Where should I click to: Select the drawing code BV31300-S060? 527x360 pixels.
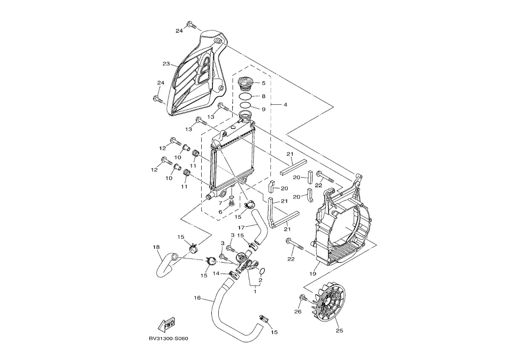coord(169,338)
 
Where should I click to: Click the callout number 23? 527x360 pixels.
coord(166,64)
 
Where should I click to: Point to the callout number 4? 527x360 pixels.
coord(285,104)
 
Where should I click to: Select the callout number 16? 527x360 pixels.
coord(197,298)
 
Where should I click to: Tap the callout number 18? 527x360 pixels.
coord(156,247)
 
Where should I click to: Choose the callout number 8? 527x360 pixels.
coord(263,96)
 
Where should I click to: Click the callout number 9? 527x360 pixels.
coord(263,109)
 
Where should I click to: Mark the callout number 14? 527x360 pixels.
coord(216,273)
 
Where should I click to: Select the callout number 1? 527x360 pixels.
coord(255,292)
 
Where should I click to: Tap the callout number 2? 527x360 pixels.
coord(260,279)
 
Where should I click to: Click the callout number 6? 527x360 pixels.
coord(220,212)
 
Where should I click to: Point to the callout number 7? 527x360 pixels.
coord(220,203)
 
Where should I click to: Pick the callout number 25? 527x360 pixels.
coord(339,330)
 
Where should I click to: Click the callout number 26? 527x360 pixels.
coord(298,311)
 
